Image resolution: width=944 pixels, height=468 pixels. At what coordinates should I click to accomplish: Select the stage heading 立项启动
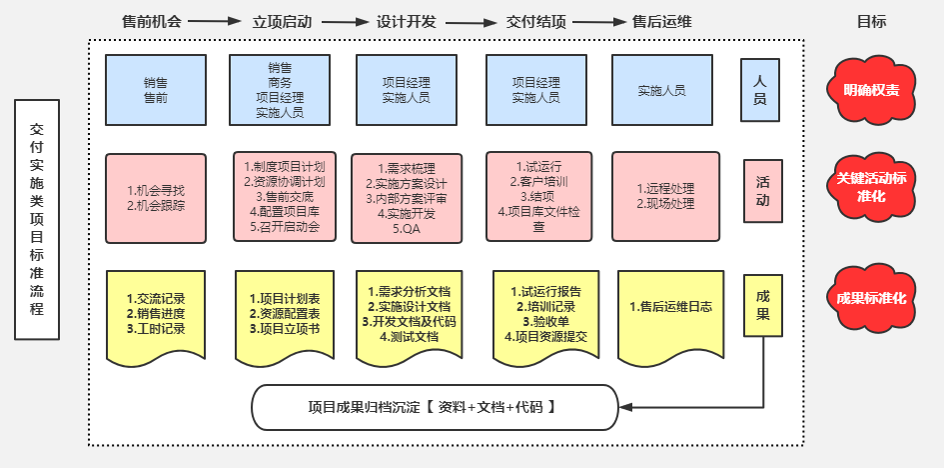(284, 20)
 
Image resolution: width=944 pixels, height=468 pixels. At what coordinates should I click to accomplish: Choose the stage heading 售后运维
(662, 20)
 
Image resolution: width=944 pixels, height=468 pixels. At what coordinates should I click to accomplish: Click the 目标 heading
(871, 20)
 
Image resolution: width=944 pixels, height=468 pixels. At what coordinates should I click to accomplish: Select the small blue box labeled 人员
(760, 89)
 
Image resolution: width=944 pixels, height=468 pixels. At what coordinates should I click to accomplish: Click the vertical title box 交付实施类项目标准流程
(37, 220)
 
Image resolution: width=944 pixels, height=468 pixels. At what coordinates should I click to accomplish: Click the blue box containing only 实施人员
(661, 89)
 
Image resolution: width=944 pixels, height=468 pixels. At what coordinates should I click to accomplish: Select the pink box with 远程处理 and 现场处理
(665, 196)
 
